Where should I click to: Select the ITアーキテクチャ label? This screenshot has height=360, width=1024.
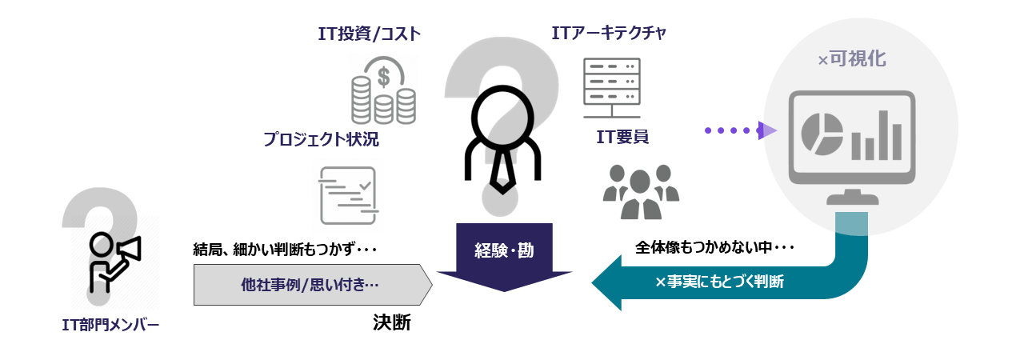[x=609, y=34]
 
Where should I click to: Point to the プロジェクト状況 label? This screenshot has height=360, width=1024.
[x=321, y=139]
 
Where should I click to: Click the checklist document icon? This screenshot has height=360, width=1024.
[x=347, y=195]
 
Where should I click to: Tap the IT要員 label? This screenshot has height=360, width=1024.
[x=622, y=137]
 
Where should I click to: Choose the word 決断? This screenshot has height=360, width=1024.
[x=392, y=322]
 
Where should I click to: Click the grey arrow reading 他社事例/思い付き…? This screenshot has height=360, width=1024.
[x=312, y=284]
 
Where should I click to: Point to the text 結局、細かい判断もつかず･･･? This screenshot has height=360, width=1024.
[x=285, y=249]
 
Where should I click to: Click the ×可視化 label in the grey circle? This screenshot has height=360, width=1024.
[x=852, y=60]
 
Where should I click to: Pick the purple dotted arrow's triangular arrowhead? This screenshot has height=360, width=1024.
[x=768, y=130]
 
